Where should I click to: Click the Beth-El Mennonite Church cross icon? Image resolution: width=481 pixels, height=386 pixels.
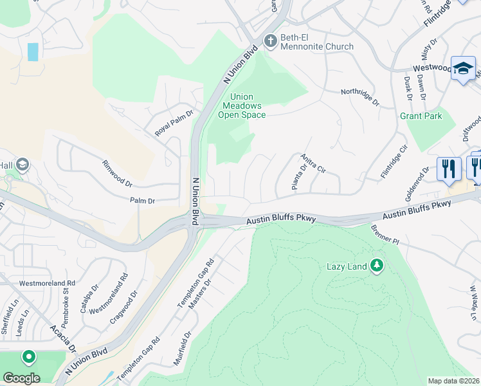(270, 41)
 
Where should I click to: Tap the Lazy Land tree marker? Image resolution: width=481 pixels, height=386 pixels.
(376, 265)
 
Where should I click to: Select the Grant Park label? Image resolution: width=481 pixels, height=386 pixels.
(421, 116)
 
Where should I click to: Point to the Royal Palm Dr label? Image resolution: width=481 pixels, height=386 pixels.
(174, 120)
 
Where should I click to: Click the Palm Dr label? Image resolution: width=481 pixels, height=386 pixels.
(143, 201)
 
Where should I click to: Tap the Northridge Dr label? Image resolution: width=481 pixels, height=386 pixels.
(360, 97)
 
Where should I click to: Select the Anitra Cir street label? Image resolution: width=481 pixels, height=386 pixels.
(314, 163)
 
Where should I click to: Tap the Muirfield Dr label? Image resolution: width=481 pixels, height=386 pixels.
(183, 348)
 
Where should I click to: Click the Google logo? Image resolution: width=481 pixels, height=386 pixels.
(21, 378)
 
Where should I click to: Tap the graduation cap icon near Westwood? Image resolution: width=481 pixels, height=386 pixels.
(463, 69)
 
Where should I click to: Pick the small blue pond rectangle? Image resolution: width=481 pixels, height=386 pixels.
(33, 51)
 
